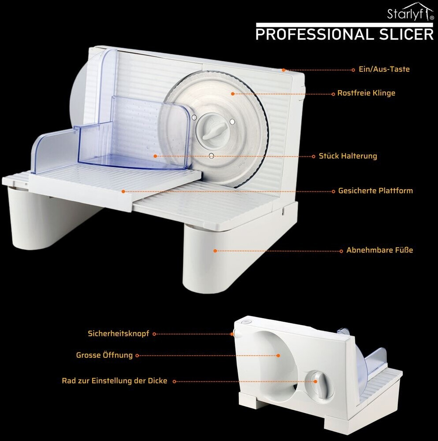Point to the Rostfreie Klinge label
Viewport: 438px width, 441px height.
point(366,93)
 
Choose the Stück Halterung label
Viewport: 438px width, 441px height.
point(348,156)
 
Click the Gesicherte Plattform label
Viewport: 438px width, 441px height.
point(375,191)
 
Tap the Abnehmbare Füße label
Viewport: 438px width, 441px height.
point(379,250)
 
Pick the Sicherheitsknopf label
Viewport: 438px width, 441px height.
point(119,334)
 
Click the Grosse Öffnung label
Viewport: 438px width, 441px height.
point(104,355)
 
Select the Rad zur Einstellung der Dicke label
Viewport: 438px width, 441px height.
point(115,381)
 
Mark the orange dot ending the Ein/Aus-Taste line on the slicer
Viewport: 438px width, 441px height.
point(284,70)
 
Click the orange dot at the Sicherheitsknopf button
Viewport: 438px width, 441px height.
point(232,334)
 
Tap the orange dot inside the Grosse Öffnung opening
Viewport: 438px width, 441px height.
point(278,355)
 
